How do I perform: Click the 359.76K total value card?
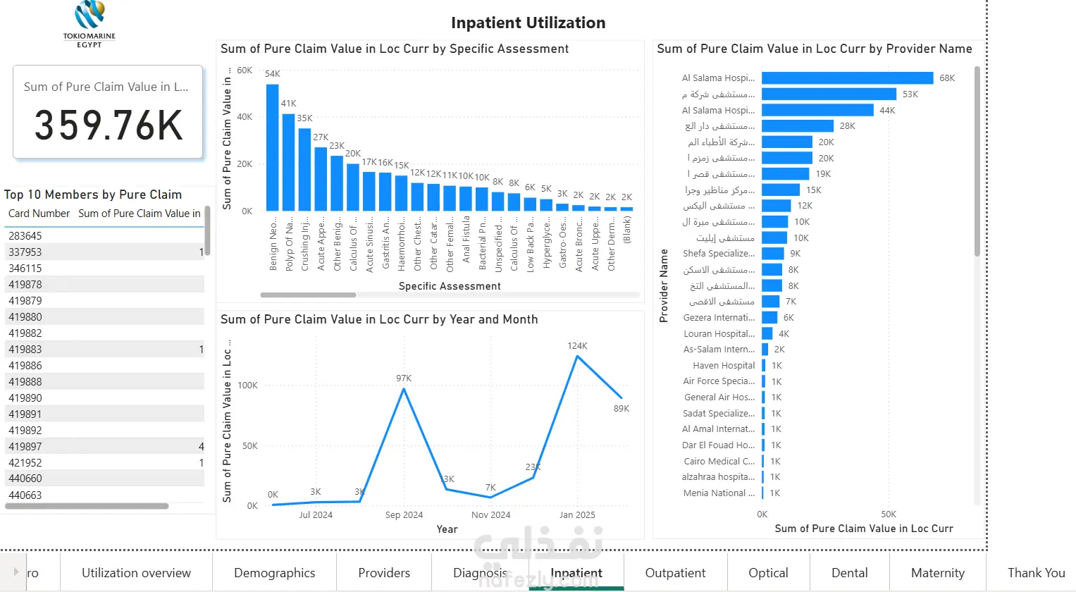coord(108,113)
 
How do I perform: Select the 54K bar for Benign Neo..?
coord(272,148)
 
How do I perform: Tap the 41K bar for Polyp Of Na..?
coord(288,162)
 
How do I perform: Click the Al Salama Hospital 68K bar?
coord(847,78)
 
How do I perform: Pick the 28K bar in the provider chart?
coord(797,126)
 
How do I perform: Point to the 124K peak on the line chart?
coord(577,356)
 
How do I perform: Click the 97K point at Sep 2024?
coord(404,388)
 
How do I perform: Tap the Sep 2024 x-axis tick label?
coord(404,515)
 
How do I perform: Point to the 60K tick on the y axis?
coord(245,70)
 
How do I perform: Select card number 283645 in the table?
coord(25,236)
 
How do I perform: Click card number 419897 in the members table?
coord(25,447)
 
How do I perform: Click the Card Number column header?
coord(39,214)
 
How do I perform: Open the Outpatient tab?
coord(675,573)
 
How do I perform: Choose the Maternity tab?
coord(937,573)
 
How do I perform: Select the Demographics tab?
coord(274,573)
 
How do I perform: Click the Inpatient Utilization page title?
coord(528,23)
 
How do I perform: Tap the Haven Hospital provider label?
coord(723,366)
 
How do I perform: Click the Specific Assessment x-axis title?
coord(450,286)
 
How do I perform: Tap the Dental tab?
coord(849,573)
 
